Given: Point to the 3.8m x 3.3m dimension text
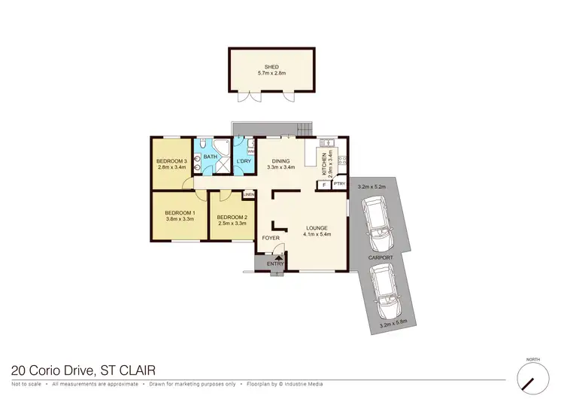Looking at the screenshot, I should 180,221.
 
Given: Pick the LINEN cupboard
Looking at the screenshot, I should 249,195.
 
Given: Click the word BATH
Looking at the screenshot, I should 209,156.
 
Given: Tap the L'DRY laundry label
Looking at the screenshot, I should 244,162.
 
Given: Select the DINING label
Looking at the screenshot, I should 280,161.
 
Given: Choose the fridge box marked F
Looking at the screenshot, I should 324,184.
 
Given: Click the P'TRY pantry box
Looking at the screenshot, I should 338,184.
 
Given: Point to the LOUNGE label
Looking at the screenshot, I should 317,227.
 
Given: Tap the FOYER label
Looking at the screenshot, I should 271,239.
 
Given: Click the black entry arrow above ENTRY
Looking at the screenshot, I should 280,257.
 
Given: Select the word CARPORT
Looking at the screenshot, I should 380,257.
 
